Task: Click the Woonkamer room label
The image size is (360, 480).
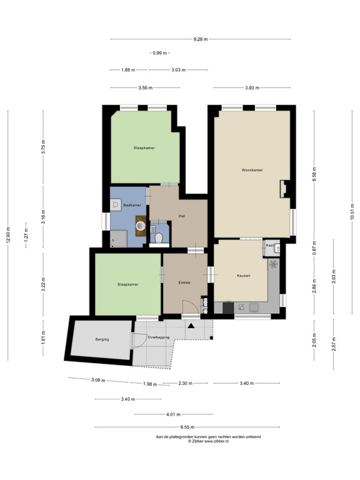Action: (x=252, y=170)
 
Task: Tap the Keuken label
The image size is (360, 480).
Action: (x=243, y=276)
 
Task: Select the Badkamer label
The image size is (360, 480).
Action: (x=132, y=205)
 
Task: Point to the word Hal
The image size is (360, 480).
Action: (x=181, y=216)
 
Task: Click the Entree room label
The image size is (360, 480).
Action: (x=184, y=282)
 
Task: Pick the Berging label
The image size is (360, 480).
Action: (x=102, y=339)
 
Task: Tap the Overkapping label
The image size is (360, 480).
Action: (x=158, y=337)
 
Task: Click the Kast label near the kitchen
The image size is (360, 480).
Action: (x=270, y=246)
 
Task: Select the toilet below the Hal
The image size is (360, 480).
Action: (x=160, y=238)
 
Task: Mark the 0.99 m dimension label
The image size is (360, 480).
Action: (x=160, y=53)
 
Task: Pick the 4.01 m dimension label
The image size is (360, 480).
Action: (x=174, y=414)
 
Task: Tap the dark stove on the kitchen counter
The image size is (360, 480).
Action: (x=227, y=307)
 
